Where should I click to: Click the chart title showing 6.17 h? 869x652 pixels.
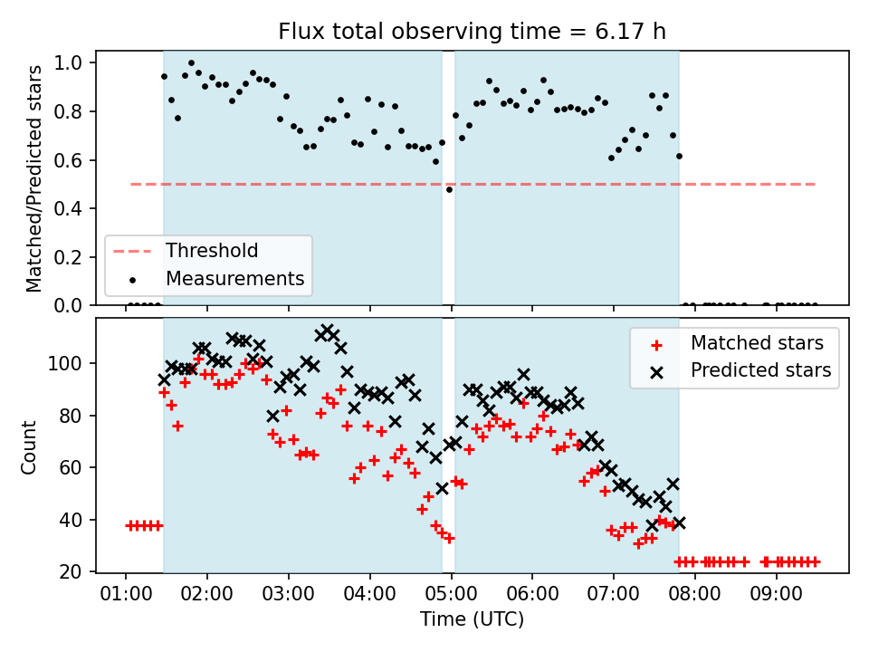coord(472,31)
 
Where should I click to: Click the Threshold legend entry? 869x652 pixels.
coord(212,251)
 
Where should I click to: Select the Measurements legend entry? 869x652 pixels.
coord(235,278)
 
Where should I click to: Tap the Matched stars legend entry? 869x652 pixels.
coord(757,343)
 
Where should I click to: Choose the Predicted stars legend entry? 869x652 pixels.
coord(761,370)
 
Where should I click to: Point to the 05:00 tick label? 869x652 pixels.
coord(451,594)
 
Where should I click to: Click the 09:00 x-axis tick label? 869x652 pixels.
coord(776,594)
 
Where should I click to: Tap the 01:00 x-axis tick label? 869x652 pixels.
coord(126,594)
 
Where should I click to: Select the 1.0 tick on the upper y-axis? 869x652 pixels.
coord(68,62)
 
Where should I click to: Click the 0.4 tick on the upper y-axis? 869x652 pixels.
coord(68,208)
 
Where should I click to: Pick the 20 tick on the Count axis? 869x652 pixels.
coord(71,571)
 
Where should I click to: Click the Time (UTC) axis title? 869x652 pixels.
coord(472,618)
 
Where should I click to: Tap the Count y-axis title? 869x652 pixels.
coord(28,447)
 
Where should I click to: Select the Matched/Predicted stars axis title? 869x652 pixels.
coord(33,178)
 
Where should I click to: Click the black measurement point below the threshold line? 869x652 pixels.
coord(450,189)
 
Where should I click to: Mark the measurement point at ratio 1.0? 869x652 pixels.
coord(191,62)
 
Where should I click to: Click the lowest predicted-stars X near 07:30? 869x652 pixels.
coord(653,525)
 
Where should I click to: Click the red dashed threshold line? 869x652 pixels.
coord(473,184)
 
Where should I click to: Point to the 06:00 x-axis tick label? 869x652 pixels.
coord(532,594)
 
